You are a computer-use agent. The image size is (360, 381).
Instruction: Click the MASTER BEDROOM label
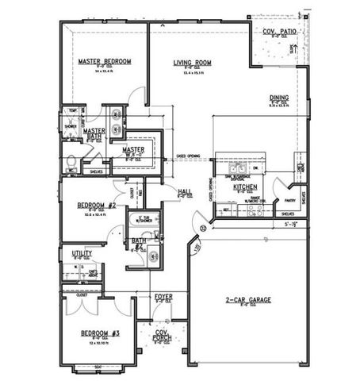coord(105,61)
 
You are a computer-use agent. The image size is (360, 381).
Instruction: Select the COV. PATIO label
coord(279,31)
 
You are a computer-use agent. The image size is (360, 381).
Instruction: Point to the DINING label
coord(278,97)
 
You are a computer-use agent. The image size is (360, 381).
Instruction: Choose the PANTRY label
coord(289,201)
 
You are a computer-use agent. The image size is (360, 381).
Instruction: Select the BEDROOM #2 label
coord(97,205)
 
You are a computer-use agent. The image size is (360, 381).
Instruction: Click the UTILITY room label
coord(82,253)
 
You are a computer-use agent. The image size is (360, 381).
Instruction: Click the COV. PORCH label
coord(163,335)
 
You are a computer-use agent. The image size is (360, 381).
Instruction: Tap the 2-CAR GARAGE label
coord(247,299)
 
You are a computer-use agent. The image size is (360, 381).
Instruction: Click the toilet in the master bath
coord(71,167)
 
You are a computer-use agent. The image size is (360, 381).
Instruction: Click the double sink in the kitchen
coord(236,168)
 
